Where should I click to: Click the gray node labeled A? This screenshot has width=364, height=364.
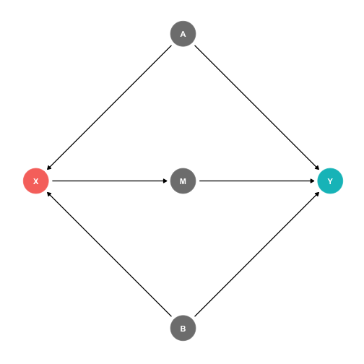183,34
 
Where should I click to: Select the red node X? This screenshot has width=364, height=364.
36,181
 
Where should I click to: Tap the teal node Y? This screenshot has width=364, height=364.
330,181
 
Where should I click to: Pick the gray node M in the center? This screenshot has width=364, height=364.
183,181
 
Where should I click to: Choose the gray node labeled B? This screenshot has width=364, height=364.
183,328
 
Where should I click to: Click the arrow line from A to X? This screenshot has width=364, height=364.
109,108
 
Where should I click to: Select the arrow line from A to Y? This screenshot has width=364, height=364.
257,108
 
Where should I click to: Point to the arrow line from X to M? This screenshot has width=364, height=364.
110,181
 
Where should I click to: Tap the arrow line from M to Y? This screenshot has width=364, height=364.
256,181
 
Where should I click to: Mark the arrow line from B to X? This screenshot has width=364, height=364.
109,254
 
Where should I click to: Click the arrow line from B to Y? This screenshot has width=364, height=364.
257,254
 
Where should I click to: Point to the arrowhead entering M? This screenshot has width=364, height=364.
165,181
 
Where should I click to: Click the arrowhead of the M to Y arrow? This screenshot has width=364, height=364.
313,181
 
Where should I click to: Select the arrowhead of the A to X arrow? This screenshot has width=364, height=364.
48,168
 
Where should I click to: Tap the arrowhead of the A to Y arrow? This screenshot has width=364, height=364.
318,168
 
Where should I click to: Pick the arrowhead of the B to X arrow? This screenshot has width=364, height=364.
48,194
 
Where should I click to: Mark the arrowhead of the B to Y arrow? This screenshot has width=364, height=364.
318,194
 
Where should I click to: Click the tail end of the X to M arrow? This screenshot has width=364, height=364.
53,181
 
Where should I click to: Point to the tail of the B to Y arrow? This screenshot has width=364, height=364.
195,316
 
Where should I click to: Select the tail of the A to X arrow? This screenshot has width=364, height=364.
171,45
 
